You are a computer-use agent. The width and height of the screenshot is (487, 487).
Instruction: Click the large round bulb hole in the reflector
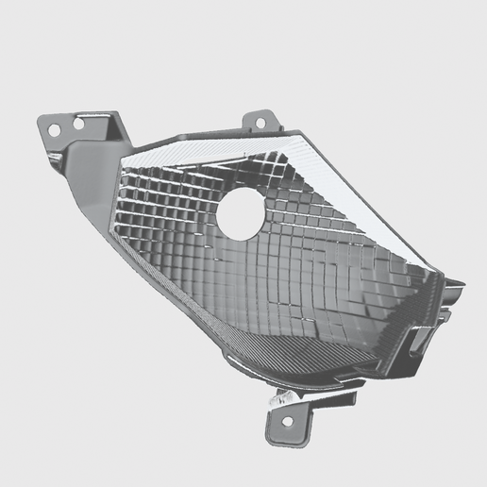click(x=242, y=213)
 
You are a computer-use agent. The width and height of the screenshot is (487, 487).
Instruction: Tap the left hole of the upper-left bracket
click(x=54, y=128)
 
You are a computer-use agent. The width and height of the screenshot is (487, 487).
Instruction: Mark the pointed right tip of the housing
click(x=461, y=283)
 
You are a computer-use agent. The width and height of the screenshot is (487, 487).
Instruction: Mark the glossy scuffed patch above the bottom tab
click(x=281, y=400)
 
